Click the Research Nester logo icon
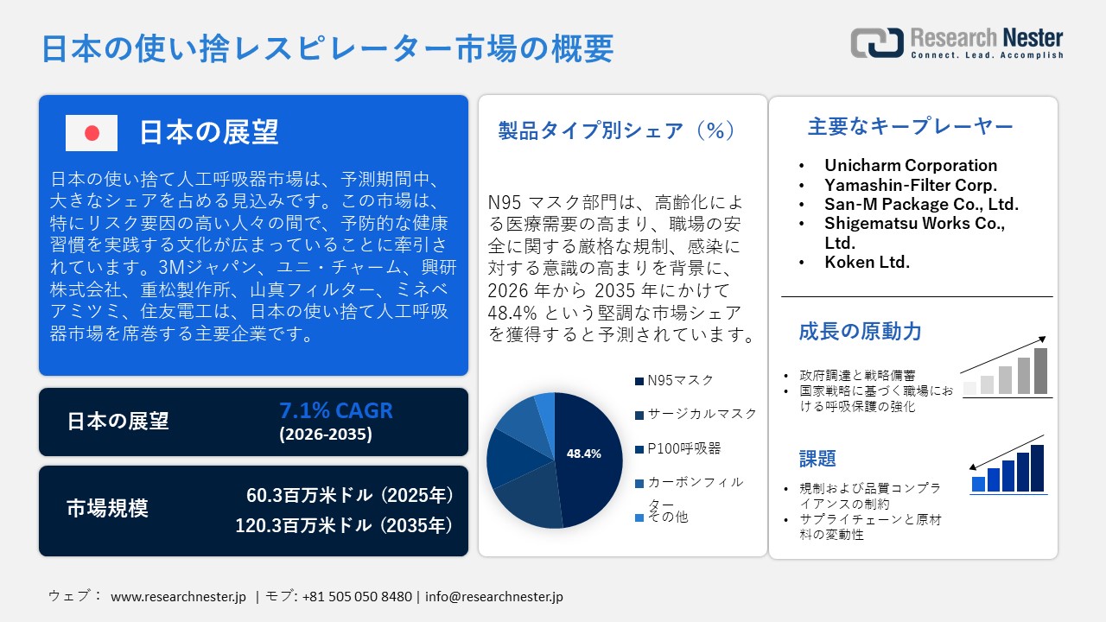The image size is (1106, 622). (x=876, y=43)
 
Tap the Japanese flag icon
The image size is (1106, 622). (x=92, y=133)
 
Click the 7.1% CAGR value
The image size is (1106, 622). (x=335, y=410)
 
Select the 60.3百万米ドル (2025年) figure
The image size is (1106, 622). (x=350, y=496)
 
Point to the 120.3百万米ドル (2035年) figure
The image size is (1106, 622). (x=345, y=524)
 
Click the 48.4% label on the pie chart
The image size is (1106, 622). (x=583, y=454)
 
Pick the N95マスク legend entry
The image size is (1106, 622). (x=680, y=380)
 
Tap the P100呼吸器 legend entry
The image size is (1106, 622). (x=683, y=448)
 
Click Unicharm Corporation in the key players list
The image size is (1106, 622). (x=911, y=165)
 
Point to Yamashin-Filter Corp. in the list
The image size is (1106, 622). (x=911, y=185)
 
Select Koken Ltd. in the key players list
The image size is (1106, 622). (x=867, y=262)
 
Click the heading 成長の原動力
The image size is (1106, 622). (x=860, y=331)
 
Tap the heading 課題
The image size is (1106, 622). (x=817, y=458)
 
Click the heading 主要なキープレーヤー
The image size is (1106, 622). (x=910, y=127)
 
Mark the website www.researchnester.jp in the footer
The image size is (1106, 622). (x=179, y=596)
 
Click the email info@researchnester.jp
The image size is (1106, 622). (x=494, y=596)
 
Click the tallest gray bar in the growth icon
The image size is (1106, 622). (x=1040, y=371)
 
